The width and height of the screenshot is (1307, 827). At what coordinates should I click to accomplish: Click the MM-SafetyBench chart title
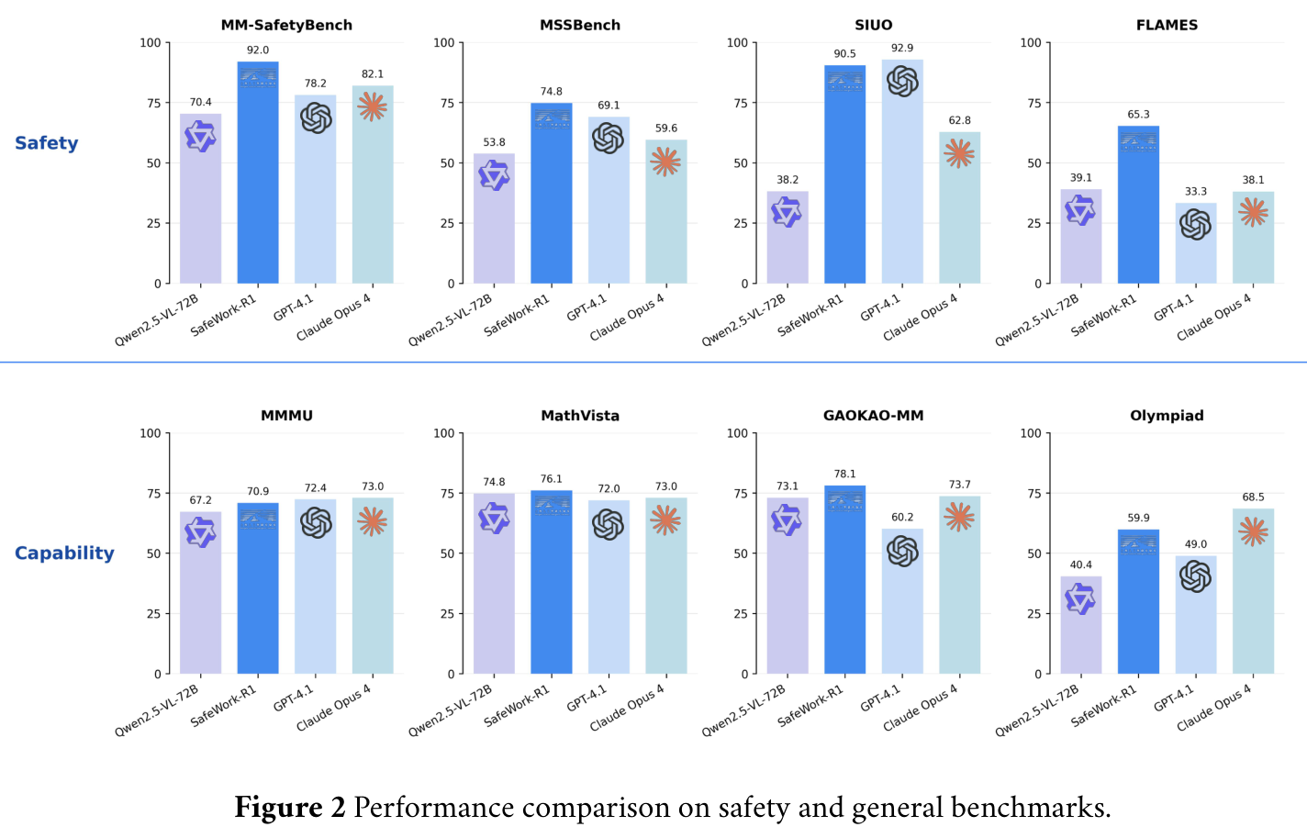point(286,25)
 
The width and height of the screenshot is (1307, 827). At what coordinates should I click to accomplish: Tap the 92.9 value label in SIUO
point(901,48)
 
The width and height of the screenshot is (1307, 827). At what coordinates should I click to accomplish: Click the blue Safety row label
point(47,143)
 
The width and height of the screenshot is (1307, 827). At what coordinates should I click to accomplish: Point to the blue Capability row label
point(64,553)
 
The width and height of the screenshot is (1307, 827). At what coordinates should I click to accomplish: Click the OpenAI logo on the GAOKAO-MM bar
point(902,551)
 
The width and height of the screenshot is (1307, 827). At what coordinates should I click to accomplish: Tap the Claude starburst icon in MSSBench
point(665,162)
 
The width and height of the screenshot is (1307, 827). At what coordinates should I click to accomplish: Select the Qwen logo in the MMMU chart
point(200,531)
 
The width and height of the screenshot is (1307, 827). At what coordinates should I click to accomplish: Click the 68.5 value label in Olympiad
point(1253,497)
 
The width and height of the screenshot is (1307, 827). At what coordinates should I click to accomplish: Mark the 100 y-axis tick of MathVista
point(443,433)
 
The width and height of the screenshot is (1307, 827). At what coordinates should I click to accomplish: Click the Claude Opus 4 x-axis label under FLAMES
point(1213,318)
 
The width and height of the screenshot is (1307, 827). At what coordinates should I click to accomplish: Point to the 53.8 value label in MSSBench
point(494,142)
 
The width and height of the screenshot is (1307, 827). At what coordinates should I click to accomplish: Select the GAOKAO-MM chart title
point(873,416)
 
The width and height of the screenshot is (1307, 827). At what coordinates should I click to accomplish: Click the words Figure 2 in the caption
point(290,808)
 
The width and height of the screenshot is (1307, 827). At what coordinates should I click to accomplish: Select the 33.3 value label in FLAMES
point(1195,191)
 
